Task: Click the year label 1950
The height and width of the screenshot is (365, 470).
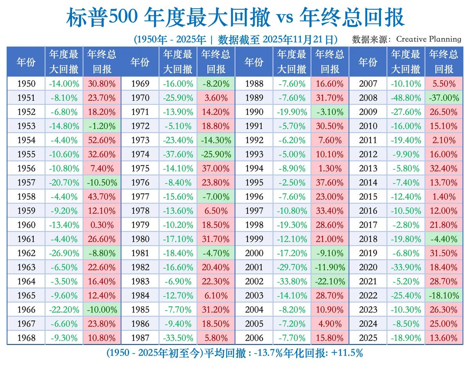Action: [26, 83]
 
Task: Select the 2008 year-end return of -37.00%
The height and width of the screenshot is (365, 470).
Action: [443, 98]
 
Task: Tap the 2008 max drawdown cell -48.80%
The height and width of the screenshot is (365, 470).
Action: [405, 98]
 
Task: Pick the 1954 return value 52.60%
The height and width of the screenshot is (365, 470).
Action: [101, 140]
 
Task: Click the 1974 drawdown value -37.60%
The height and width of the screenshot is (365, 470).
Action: [177, 154]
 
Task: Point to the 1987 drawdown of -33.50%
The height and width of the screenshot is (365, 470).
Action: [177, 338]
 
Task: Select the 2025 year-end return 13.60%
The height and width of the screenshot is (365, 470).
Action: [443, 338]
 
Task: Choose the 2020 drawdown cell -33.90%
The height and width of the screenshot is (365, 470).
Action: [405, 267]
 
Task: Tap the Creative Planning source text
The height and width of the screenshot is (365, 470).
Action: [428, 39]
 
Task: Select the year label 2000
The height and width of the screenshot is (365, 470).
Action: [254, 253]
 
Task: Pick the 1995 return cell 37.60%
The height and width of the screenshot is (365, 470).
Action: [330, 182]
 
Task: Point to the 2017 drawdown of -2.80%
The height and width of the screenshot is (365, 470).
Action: [405, 225]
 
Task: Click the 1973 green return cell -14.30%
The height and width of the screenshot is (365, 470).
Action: [215, 140]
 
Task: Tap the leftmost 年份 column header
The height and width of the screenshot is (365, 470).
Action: [26, 62]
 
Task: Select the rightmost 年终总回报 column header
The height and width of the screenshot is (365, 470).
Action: [443, 62]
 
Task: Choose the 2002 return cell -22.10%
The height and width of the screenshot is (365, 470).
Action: [330, 281]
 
